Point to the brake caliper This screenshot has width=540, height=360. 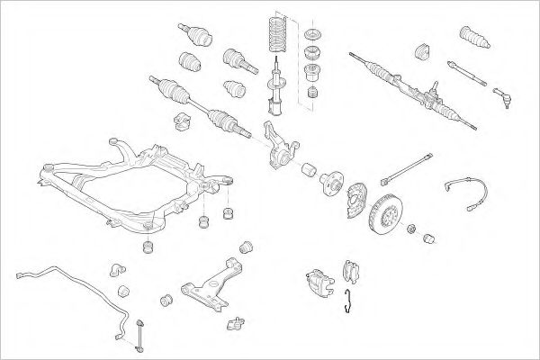(x=317, y=280)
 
